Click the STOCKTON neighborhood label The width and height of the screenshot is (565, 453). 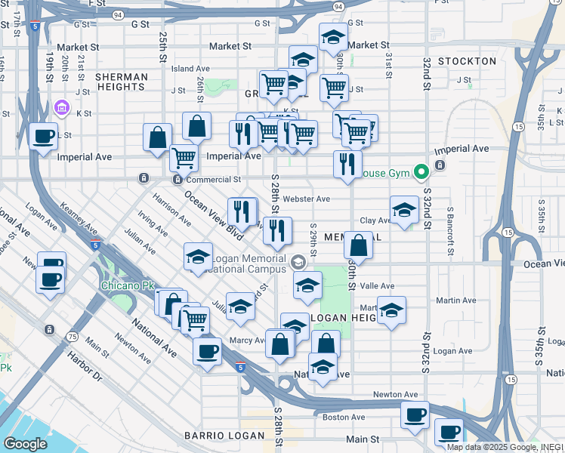tap(467, 61)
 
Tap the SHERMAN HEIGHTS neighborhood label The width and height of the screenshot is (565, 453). tap(122, 82)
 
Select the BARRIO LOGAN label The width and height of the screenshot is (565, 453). tap(223, 436)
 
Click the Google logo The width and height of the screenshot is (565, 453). tap(25, 444)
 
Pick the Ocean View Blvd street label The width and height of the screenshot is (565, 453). tap(214, 215)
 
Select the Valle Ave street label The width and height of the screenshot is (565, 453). tap(377, 286)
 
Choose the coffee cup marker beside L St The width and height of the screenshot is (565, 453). tap(43, 137)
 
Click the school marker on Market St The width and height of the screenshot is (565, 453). tap(333, 38)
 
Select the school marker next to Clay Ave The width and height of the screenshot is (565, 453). tap(404, 211)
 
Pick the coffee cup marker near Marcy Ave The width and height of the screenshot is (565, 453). tap(207, 351)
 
